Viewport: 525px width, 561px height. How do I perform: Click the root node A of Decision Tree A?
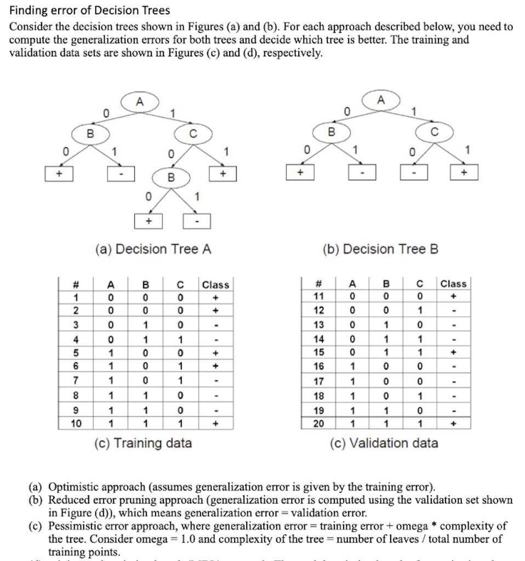click(140, 101)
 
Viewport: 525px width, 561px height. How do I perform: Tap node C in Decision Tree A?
click(192, 133)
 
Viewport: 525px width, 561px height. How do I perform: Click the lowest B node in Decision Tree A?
click(171, 177)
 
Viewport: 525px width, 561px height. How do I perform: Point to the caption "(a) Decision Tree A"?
click(153, 249)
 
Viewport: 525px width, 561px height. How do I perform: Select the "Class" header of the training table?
click(215, 285)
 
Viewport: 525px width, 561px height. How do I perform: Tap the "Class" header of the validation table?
click(453, 284)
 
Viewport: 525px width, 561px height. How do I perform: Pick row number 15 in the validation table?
click(318, 352)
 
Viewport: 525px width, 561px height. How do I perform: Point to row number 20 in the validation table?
click(318, 423)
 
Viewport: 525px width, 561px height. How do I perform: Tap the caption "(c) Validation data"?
click(384, 443)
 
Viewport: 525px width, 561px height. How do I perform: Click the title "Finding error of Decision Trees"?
click(90, 10)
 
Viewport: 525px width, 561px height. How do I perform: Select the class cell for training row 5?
click(215, 352)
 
